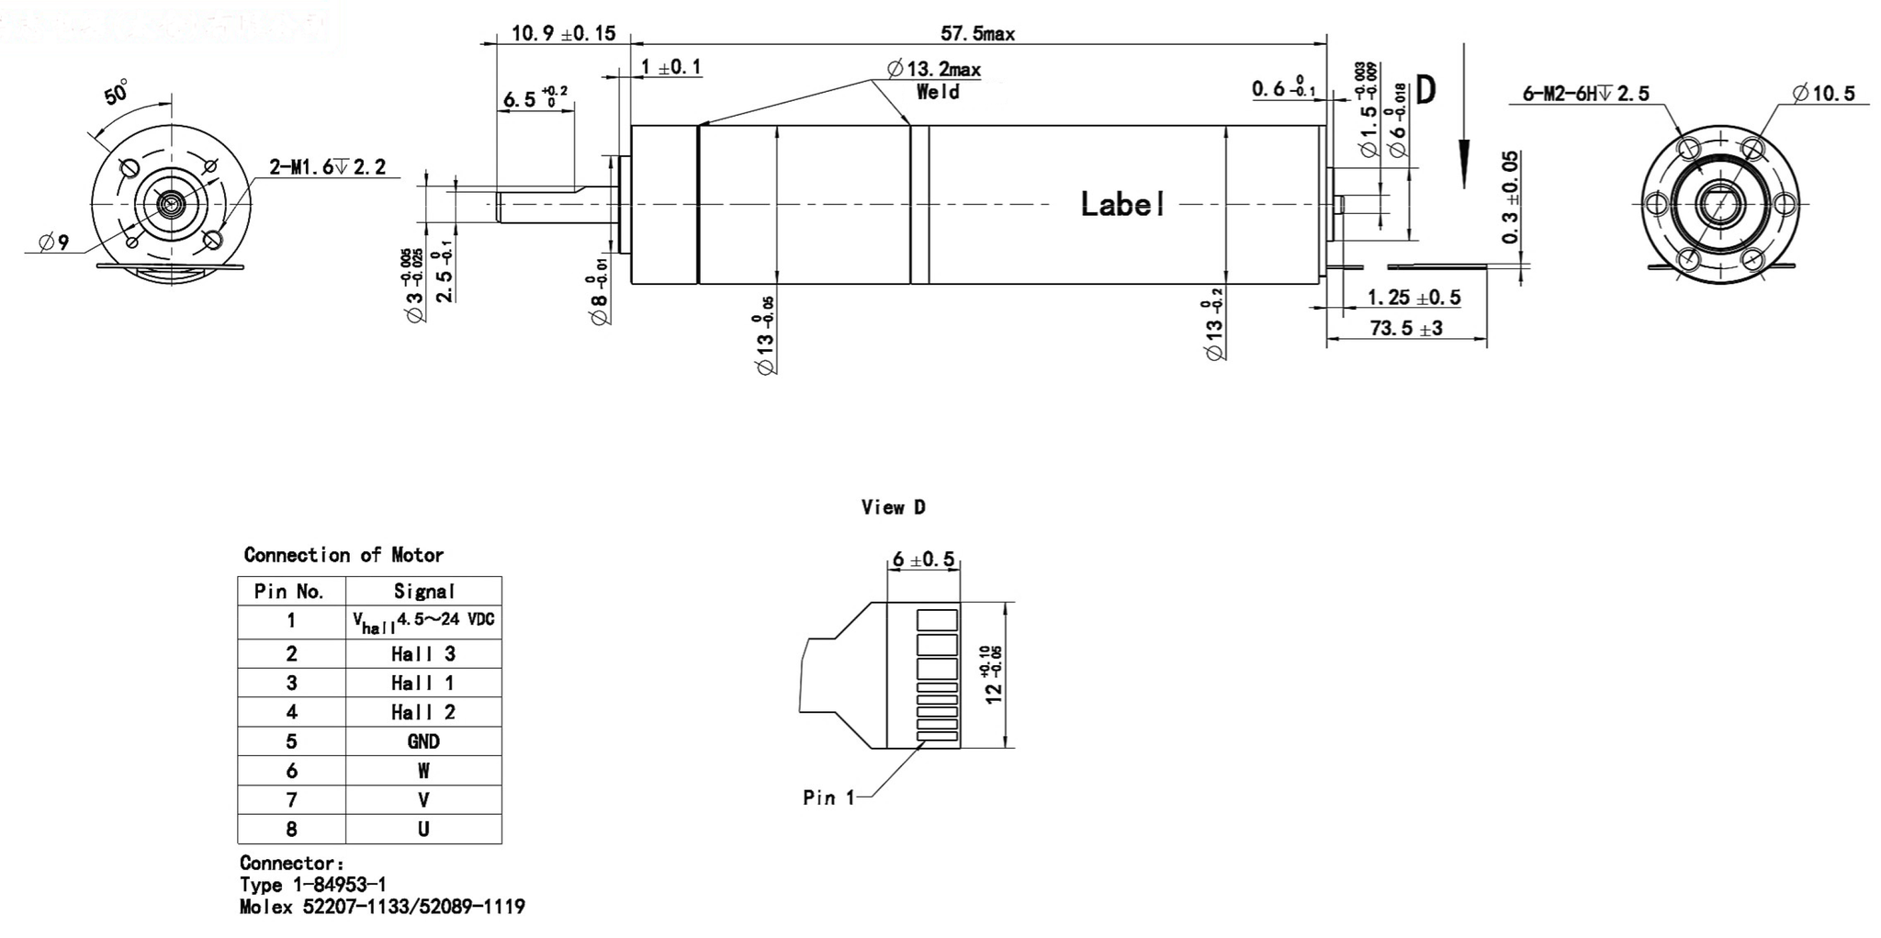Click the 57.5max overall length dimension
point(977,34)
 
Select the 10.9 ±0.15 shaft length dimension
point(563,34)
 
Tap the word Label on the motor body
point(1122,204)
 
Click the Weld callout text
point(938,92)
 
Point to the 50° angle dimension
point(117,93)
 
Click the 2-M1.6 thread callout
point(327,167)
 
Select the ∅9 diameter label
point(53,243)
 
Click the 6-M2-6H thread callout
point(1585,94)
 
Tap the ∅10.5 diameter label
point(1823,94)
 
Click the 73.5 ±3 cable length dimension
point(1405,328)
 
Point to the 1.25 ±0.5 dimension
point(1414,298)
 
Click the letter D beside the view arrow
point(1425,90)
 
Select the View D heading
point(893,507)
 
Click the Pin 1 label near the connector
point(828,797)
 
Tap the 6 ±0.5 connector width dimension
point(923,559)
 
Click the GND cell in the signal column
point(423,741)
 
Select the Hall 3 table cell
point(423,654)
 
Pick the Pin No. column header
point(290,592)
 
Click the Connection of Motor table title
point(344,555)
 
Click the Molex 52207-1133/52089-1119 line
point(382,908)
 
